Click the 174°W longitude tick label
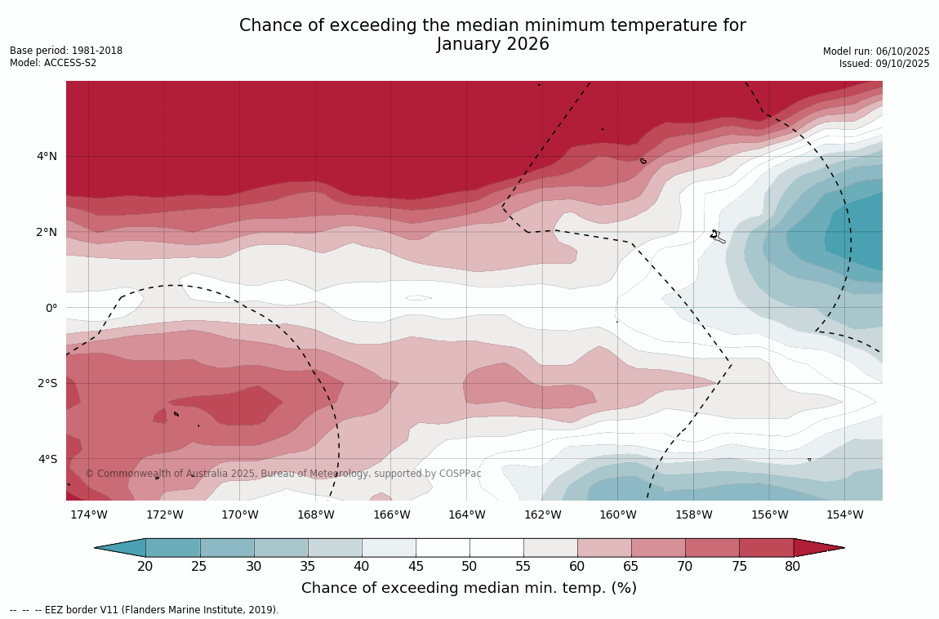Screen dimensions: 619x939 coord(88,514)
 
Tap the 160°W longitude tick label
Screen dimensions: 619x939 coord(618,514)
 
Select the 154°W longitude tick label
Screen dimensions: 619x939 coord(845,514)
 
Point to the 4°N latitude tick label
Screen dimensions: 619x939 coord(47,156)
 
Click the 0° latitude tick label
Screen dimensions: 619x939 coord(51,308)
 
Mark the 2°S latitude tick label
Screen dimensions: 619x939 coord(47,383)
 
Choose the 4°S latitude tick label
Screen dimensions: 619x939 coord(47,459)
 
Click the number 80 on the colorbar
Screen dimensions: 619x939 coord(793,567)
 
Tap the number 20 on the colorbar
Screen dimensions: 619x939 coord(145,567)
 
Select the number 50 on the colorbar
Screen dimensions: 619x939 coord(469,567)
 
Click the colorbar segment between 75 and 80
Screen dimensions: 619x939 coord(766,548)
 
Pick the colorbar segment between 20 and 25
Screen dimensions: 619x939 coord(172,548)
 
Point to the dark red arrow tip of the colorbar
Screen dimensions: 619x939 coord(821,548)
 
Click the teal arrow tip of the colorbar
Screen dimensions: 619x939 coord(118,548)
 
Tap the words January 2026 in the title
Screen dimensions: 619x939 coord(492,45)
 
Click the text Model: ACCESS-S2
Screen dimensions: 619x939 coord(53,63)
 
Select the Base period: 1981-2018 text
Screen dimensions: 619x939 coord(66,51)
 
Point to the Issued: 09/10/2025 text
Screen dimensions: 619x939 coord(884,64)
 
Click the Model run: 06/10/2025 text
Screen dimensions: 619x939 coord(876,51)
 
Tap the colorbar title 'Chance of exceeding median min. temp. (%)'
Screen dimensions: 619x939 coord(469,588)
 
